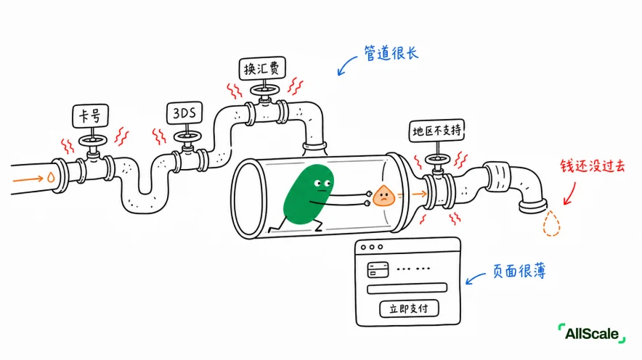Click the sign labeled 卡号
[x=91, y=116]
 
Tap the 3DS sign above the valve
[x=184, y=113]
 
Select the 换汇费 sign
[x=262, y=68]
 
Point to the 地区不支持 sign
[x=437, y=131]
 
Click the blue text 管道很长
[x=391, y=53]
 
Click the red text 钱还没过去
[x=593, y=165]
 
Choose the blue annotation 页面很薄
[x=519, y=271]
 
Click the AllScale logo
[x=592, y=333]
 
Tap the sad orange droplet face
[x=383, y=196]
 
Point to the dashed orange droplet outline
[x=551, y=224]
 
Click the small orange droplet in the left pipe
[x=51, y=177]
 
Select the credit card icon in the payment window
[x=378, y=269]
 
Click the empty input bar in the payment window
[x=407, y=288]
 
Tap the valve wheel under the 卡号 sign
[x=93, y=141]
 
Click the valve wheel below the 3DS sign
[x=187, y=136]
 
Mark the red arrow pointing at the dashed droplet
[x=570, y=194]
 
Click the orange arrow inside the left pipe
[x=28, y=179]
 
